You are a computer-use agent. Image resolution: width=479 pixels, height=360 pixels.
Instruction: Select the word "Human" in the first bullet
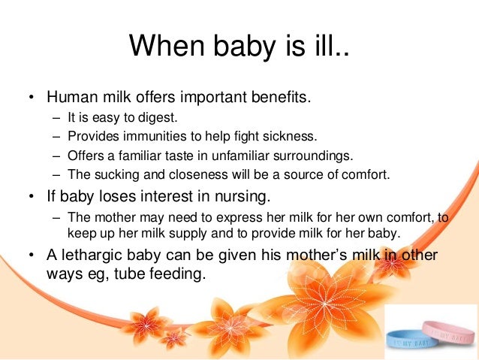point(71,98)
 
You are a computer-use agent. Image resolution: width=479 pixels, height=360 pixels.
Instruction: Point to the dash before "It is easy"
point(58,118)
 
